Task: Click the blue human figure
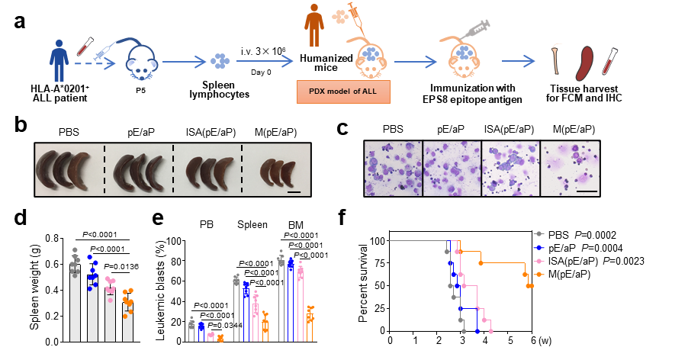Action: click(x=59, y=61)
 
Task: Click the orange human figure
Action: click(x=313, y=25)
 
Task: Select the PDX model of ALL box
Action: click(x=343, y=92)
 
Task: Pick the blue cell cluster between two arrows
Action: click(x=220, y=60)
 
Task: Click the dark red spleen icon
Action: click(x=584, y=63)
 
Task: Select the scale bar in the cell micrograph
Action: click(x=586, y=190)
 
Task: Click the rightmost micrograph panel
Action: click(x=570, y=169)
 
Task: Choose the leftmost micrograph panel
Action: click(x=394, y=169)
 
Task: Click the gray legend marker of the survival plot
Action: click(x=539, y=233)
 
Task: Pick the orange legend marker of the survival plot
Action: click(x=539, y=274)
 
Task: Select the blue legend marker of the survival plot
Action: click(x=539, y=247)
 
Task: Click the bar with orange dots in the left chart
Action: click(x=127, y=320)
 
